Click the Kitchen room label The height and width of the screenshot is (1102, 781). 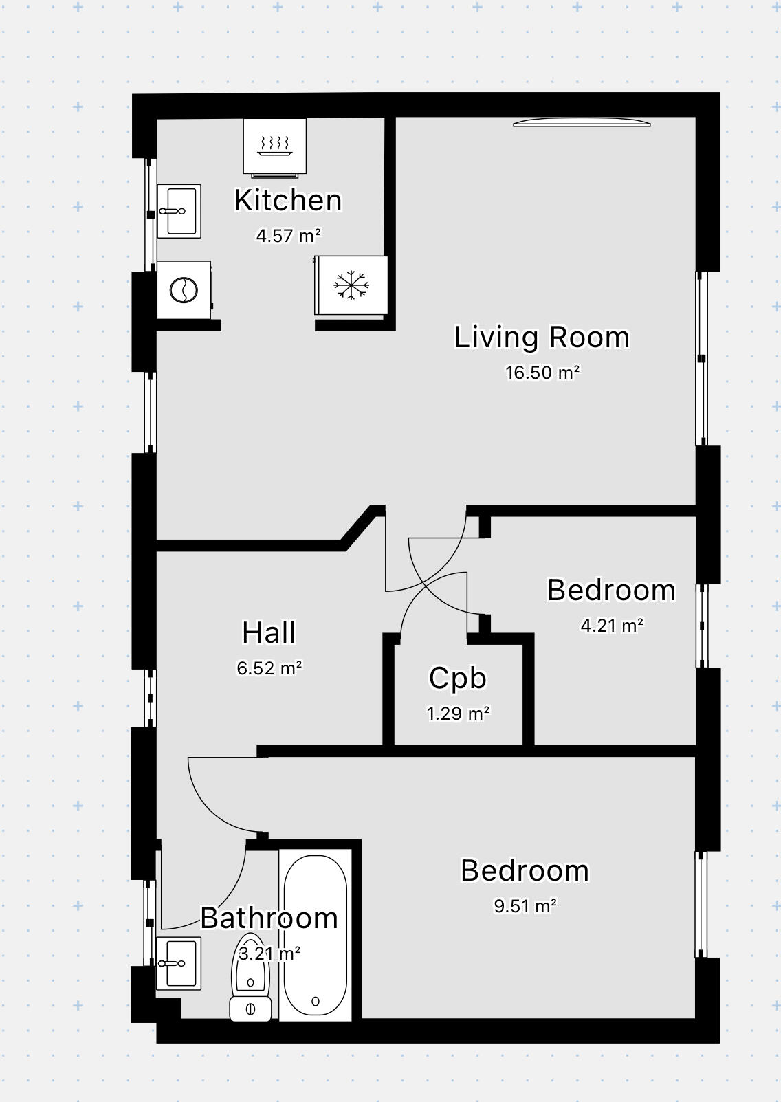point(288,201)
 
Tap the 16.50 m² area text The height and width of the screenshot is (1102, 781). point(542,373)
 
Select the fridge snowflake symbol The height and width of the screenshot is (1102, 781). point(351,285)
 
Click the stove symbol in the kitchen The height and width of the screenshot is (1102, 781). point(275,145)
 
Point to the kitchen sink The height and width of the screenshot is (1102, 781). point(179,211)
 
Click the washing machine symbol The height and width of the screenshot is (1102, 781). point(184,289)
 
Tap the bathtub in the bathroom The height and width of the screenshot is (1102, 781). point(316,935)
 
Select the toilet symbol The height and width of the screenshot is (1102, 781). point(250,980)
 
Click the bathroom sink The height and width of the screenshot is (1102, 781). point(178,963)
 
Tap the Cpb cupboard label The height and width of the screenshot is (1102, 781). point(458,678)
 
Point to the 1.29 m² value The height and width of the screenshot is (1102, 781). point(458,714)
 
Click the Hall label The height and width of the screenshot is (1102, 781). point(269,632)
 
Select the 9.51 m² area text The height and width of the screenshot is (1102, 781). point(525,906)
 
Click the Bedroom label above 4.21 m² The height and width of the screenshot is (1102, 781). point(611,590)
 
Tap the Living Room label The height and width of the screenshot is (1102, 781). point(542,338)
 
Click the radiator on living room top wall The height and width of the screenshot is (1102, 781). point(582,123)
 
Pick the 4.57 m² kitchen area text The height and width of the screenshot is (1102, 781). point(289,236)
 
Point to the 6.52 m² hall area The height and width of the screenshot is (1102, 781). point(269,668)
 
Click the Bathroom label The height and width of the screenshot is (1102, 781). point(269,918)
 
